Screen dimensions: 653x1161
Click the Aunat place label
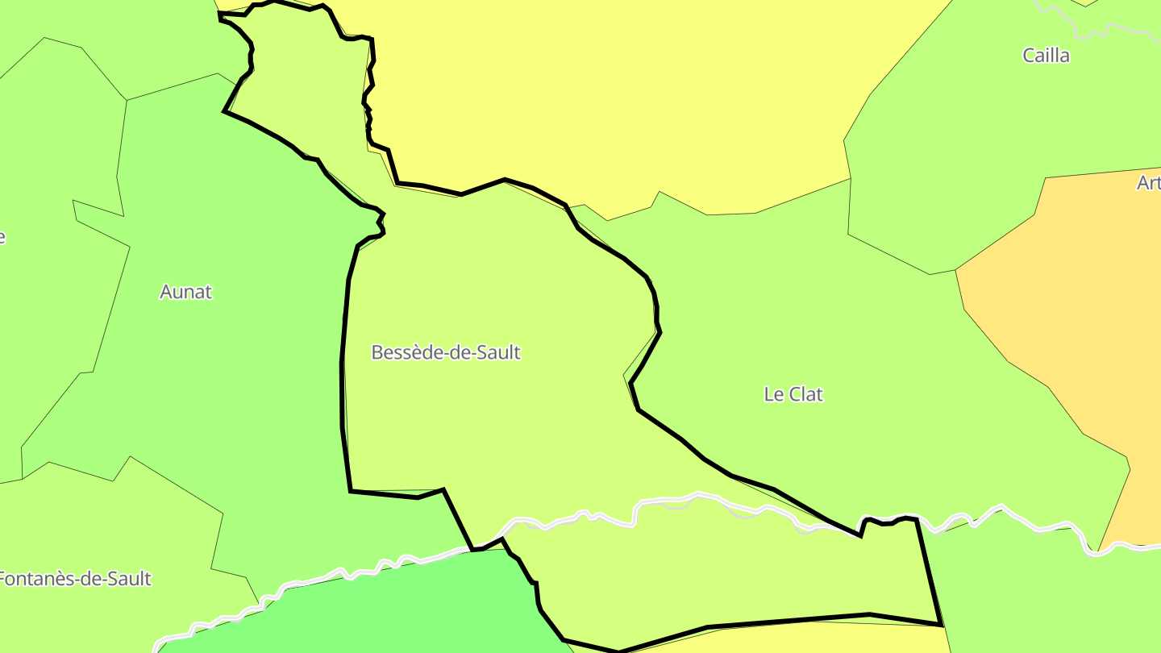click(185, 292)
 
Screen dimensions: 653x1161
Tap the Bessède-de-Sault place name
click(446, 352)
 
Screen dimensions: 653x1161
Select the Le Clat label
click(793, 394)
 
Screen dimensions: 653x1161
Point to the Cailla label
click(1046, 56)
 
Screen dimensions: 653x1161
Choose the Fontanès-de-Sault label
click(74, 579)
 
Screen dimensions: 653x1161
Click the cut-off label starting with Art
click(1148, 184)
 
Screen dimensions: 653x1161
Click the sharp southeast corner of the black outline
click(942, 625)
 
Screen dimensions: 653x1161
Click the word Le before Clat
click(773, 394)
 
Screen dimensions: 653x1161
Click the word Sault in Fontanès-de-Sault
click(128, 579)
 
